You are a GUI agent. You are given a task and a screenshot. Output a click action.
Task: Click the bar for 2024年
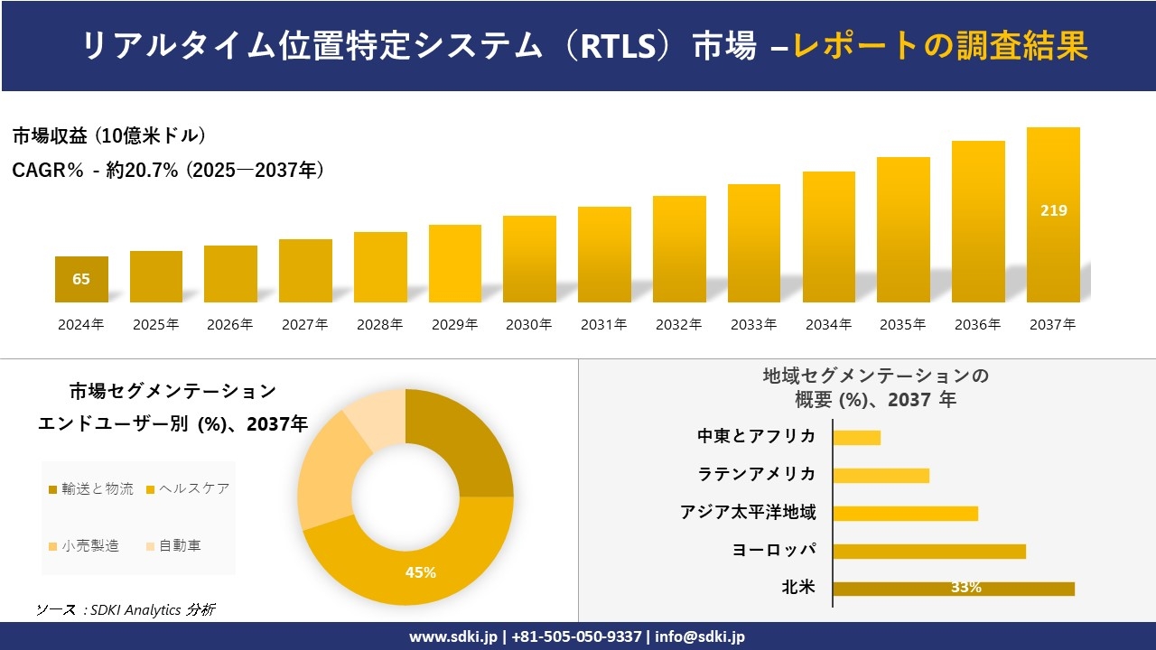[x=81, y=280]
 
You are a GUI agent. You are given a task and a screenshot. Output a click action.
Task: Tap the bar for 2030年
[x=529, y=259]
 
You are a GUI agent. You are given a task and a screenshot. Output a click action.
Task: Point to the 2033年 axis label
[x=753, y=325]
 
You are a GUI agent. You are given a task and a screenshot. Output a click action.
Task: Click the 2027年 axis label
[x=304, y=325]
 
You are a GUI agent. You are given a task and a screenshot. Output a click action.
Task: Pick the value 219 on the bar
[x=1053, y=210]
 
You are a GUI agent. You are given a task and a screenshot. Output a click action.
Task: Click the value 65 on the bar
[x=81, y=279]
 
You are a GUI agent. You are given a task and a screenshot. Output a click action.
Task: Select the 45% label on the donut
[x=421, y=572]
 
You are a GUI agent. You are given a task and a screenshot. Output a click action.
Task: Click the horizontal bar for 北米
[x=953, y=589]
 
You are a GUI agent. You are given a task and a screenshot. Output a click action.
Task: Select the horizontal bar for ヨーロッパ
[x=928, y=551]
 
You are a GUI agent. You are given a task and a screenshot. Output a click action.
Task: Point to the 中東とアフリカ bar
[x=856, y=437]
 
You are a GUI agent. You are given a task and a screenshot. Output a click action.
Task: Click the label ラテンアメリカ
[x=757, y=475]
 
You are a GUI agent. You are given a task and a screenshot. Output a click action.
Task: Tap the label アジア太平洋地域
[x=748, y=513]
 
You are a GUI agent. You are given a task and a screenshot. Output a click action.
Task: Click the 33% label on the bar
[x=965, y=588]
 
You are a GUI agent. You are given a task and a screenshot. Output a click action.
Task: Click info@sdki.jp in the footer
[x=700, y=636]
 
